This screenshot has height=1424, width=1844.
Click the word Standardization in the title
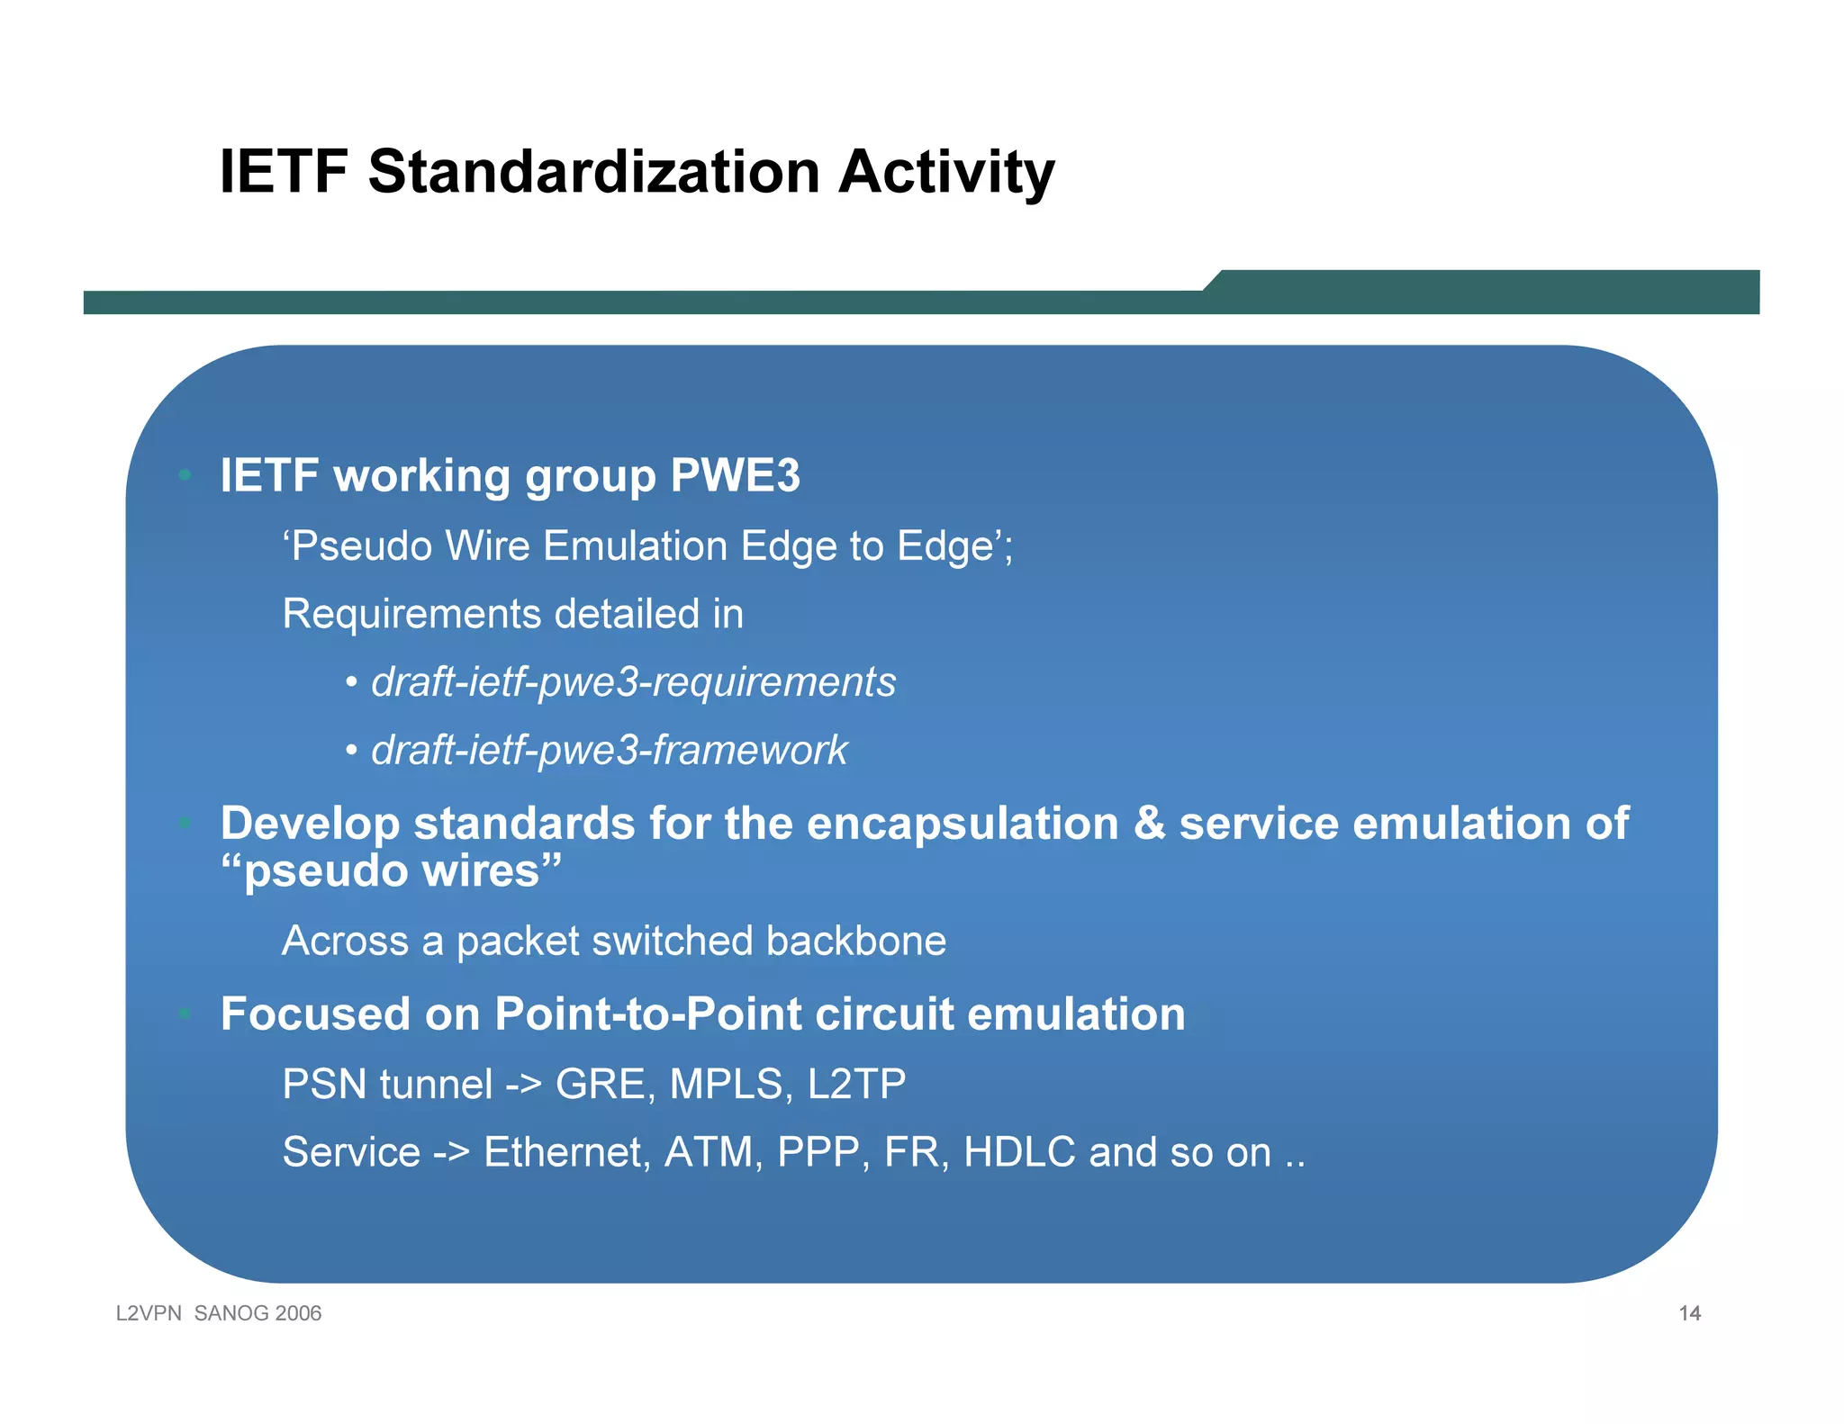(593, 172)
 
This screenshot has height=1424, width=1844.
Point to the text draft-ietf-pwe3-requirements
(633, 682)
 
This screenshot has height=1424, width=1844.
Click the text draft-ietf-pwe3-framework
(609, 751)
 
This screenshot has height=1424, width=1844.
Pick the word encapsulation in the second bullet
(962, 824)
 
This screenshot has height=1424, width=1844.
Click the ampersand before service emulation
(1149, 824)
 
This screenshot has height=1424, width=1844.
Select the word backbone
(855, 942)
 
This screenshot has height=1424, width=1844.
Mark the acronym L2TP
(856, 1084)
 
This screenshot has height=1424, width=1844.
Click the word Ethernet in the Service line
(566, 1152)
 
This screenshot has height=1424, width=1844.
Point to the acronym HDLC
(1019, 1152)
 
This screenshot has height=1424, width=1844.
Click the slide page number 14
(1689, 1313)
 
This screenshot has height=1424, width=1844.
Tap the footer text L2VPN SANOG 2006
(219, 1313)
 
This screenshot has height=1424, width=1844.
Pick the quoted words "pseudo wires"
(391, 871)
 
